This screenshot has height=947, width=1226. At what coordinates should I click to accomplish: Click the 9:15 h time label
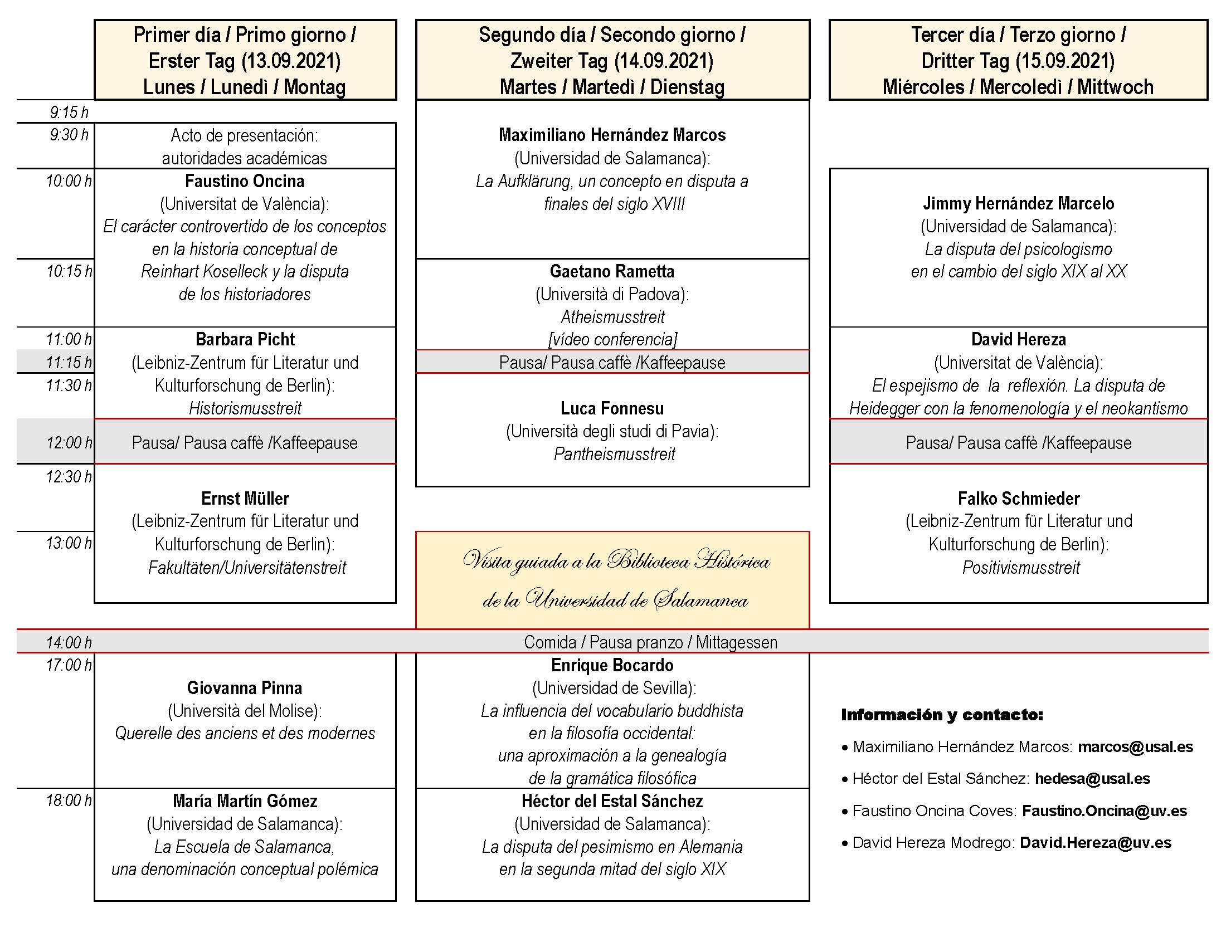click(x=69, y=113)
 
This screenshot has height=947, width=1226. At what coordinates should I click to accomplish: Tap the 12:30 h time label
click(x=69, y=477)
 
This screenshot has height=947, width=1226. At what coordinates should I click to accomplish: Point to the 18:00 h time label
click(x=69, y=800)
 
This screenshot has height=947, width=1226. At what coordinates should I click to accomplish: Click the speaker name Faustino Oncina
click(x=245, y=181)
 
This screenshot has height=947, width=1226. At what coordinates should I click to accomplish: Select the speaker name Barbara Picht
click(x=245, y=339)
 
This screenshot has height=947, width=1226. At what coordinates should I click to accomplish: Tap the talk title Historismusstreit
click(x=245, y=408)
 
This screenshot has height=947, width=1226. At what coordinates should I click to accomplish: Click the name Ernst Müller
click(x=245, y=498)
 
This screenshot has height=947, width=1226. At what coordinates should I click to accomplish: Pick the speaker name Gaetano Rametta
click(x=612, y=271)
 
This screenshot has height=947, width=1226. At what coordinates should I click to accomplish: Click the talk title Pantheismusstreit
click(x=614, y=454)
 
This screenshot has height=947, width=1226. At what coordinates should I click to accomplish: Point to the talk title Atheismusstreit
click(x=612, y=317)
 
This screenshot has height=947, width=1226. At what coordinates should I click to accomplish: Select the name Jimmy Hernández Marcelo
click(x=1018, y=203)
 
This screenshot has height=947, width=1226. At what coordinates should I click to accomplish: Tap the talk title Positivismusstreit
click(x=1020, y=568)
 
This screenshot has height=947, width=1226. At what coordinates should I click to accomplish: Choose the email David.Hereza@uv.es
click(x=1095, y=843)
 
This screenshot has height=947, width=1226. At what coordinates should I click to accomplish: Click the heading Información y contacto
click(x=942, y=715)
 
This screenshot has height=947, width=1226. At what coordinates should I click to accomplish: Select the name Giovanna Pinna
click(x=245, y=688)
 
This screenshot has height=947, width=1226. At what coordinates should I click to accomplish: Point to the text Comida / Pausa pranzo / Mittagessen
click(x=650, y=642)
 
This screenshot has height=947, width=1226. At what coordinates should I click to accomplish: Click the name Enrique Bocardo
click(x=612, y=665)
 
